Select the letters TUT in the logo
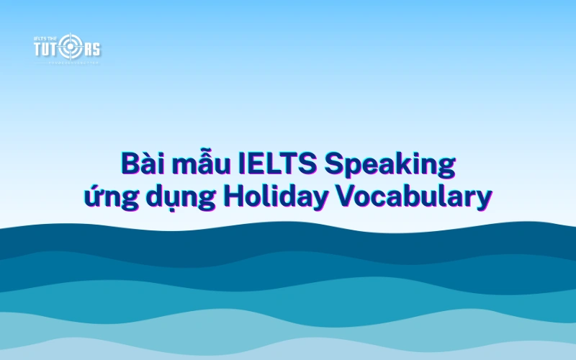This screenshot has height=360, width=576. [50, 49]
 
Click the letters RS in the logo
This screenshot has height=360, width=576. [92, 49]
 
